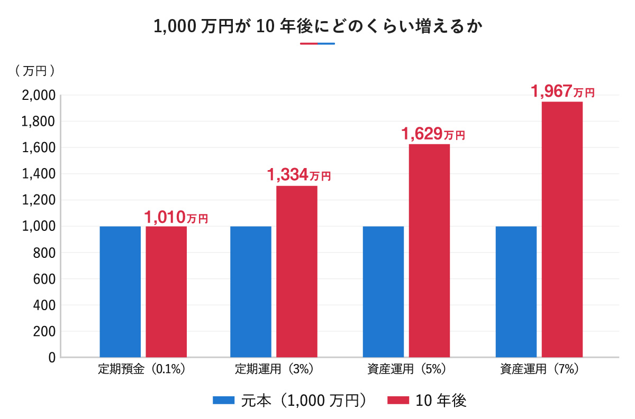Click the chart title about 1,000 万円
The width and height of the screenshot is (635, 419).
pos(317,26)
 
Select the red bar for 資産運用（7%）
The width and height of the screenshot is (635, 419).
pos(562,229)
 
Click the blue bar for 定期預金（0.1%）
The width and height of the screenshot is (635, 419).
pos(120,292)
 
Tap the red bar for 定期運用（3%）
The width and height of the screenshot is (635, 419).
pos(297,272)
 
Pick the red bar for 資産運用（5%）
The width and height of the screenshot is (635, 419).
pos(429,250)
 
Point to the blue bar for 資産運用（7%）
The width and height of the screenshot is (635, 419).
pos(516,292)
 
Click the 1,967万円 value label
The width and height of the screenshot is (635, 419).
pos(563,91)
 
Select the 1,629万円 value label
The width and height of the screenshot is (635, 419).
pos(433,134)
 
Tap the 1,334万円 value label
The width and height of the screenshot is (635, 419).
pos(299,175)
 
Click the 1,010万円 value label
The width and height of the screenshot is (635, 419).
pos(176,217)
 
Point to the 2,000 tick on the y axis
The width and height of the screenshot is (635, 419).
pos(39,96)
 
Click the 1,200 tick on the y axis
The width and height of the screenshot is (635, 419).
pos(39,200)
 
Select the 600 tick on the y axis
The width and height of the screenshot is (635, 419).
pos(44,279)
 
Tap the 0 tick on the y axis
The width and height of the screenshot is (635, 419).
pos(52,358)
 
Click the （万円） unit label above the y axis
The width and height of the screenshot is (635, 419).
pos(35,71)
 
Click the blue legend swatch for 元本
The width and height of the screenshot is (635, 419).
pos(223,401)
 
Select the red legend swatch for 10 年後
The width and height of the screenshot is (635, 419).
pos(398,401)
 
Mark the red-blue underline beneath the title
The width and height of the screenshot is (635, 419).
pos(317,43)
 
